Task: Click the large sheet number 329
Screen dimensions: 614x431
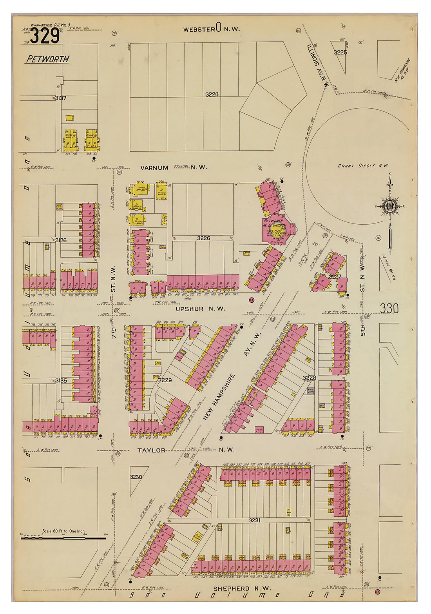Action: tap(45, 36)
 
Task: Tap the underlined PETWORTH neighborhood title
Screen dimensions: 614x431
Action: tap(48, 59)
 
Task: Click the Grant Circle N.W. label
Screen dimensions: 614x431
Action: tap(363, 166)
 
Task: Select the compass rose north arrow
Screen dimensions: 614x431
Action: tap(390, 206)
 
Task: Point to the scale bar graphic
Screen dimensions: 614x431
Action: tap(63, 538)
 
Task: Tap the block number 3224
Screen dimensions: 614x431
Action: tap(212, 94)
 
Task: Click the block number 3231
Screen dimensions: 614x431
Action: tap(255, 520)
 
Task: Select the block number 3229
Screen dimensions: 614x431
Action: tap(165, 380)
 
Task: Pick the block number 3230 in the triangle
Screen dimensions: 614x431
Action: tap(136, 477)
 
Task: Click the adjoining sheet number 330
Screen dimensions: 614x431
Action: tap(389, 309)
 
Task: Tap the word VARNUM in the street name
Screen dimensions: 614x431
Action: tap(154, 168)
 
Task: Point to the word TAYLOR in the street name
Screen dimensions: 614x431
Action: tap(151, 451)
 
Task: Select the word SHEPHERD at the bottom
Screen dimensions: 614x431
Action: tap(231, 589)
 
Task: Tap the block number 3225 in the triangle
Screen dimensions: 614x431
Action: tap(340, 52)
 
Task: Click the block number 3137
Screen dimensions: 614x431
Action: tap(61, 98)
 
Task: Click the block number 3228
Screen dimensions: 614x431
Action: tap(309, 378)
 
